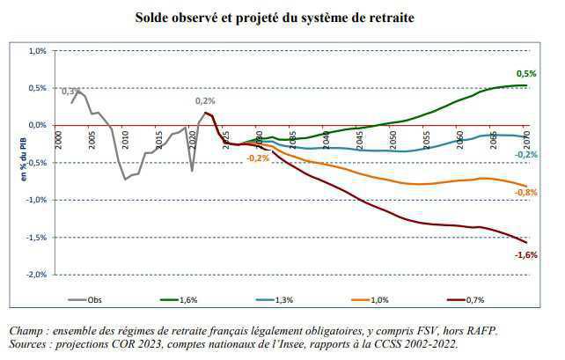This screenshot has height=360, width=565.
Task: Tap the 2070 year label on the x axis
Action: [526, 138]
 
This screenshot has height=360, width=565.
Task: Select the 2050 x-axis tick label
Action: [393, 138]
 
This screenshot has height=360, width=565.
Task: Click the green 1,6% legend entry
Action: [188, 300]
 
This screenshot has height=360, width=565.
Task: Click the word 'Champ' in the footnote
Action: [26, 330]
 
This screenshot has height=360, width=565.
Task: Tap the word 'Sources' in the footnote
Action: [30, 342]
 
